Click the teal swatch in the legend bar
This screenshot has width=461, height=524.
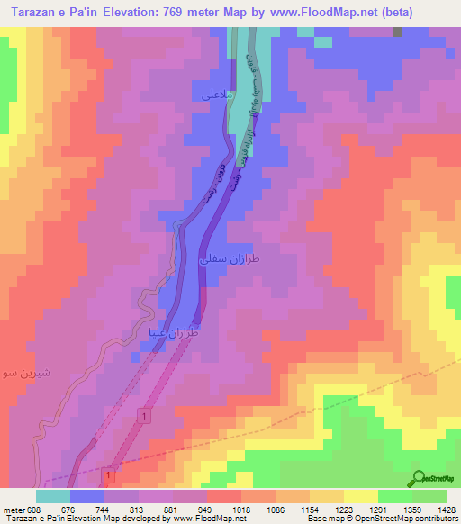[52, 496]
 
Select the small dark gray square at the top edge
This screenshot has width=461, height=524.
[398, 32]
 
